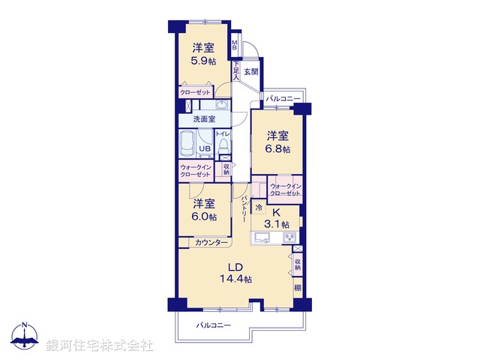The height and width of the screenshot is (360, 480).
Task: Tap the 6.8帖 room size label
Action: click(x=279, y=148)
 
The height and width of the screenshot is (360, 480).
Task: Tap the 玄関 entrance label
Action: click(x=250, y=72)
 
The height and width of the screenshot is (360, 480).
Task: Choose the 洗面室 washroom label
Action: click(x=204, y=119)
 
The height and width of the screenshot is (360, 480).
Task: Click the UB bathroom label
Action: click(x=204, y=148)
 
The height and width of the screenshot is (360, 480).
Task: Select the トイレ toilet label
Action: click(x=223, y=134)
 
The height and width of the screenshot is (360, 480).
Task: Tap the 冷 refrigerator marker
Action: click(x=259, y=207)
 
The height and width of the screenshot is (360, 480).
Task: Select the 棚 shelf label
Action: click(x=298, y=287)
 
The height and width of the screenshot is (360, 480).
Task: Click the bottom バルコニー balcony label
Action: click(x=214, y=325)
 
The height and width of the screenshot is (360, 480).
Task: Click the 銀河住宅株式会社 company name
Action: click(x=100, y=346)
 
